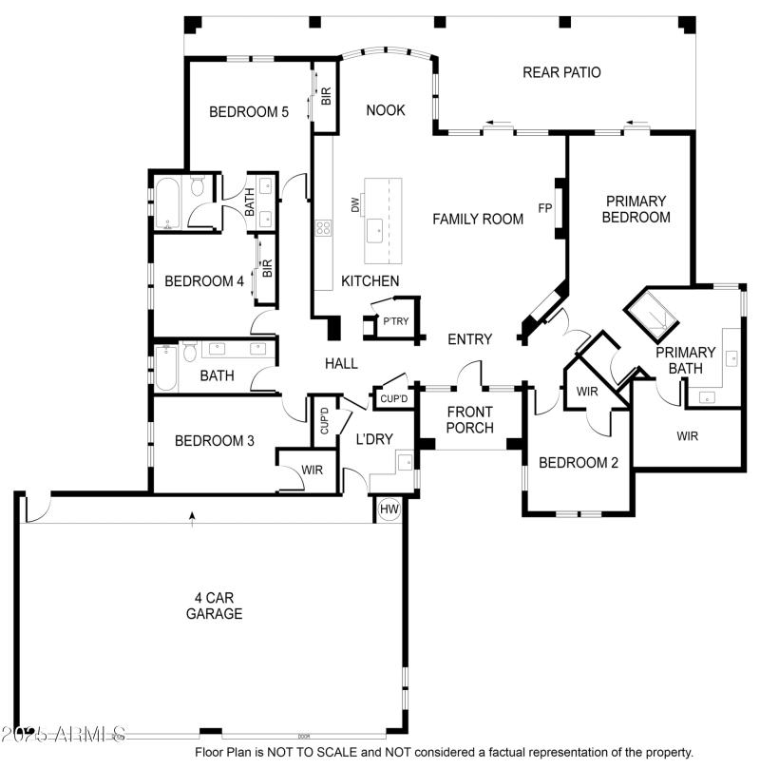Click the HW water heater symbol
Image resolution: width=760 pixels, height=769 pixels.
[x=389, y=509]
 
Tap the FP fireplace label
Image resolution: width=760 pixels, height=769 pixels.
[x=545, y=207]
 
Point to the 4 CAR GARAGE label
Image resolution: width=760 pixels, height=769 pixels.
[x=214, y=606]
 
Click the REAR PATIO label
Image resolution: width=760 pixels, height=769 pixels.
[x=561, y=72]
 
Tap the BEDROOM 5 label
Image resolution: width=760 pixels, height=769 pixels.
[x=249, y=111]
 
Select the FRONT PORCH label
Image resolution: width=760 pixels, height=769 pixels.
[x=470, y=419]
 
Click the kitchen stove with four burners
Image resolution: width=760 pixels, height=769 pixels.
[x=324, y=227]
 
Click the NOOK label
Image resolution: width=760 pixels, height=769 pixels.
[x=386, y=110]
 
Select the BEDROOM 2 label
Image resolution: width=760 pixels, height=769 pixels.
[x=579, y=463]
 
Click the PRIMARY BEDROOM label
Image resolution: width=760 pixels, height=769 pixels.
[x=637, y=209]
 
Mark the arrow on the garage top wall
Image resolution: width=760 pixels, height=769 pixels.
[x=193, y=517]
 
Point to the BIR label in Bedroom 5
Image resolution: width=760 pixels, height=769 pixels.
[x=326, y=96]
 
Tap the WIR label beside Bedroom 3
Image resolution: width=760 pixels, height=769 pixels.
[x=312, y=470]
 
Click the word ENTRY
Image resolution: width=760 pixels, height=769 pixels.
[x=469, y=339]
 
